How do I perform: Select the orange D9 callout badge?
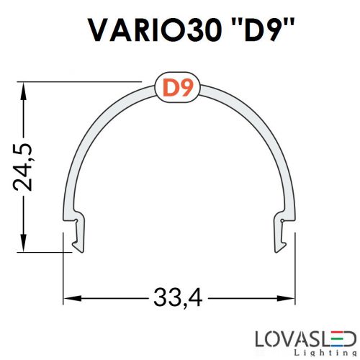[x=176, y=89]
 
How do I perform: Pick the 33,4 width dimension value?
[x=179, y=297]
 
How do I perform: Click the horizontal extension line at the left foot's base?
[x=43, y=253]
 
